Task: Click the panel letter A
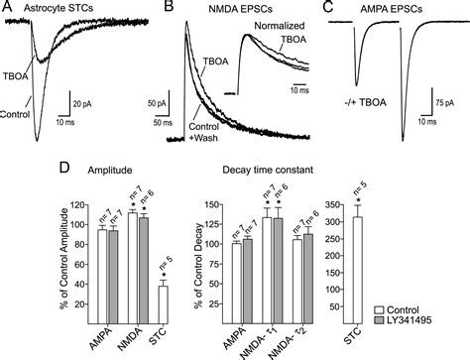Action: (x=9, y=9)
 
